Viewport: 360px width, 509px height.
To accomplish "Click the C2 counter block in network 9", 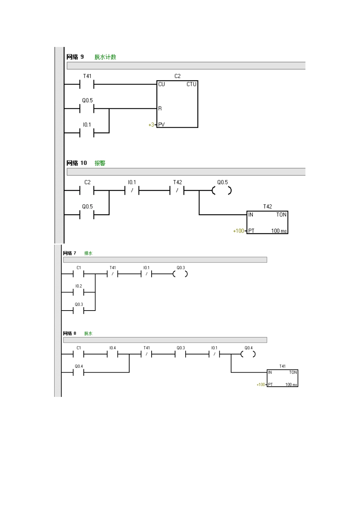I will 177,104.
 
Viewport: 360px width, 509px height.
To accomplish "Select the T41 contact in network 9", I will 87,84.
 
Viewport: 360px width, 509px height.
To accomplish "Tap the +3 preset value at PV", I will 151,125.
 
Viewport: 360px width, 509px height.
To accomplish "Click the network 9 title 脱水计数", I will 105,57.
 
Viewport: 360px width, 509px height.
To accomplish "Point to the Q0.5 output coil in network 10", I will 222,191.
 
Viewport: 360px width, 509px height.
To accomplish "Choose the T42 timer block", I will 267,223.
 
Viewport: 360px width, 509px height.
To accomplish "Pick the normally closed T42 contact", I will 177,191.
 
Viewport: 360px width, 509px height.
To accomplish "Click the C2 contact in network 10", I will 87,191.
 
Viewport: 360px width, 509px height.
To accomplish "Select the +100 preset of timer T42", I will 238,231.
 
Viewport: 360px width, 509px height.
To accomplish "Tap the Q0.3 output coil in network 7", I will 180,274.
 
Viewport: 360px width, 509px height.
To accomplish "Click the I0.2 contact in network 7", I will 78,292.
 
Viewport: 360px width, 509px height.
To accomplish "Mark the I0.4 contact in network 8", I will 113,354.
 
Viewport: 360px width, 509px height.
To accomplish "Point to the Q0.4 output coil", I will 248,354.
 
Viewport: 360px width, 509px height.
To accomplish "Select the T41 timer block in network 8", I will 282,378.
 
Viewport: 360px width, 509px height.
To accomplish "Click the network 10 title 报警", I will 100,163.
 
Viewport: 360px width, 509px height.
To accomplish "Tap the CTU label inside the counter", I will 191,84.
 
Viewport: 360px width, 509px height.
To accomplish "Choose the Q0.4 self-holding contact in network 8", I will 78,373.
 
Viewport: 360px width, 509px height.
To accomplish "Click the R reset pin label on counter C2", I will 160,109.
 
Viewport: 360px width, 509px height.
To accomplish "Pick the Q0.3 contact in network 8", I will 180,354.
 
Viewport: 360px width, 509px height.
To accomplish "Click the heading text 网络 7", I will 70,253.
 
